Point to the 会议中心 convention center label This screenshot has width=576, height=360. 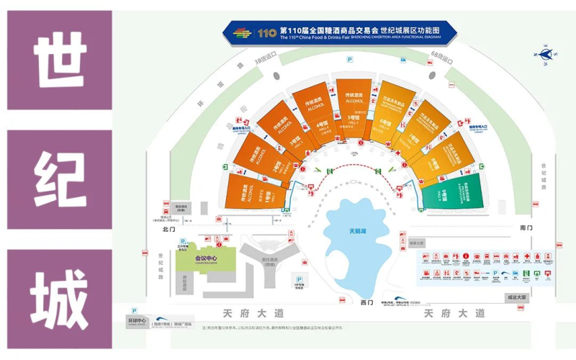click(x=206, y=258)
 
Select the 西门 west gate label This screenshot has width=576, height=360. click(x=366, y=302)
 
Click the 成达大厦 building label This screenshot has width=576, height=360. click(x=518, y=296)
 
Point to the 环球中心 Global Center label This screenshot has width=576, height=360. click(x=137, y=320)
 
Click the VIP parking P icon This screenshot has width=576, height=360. click(x=298, y=280)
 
